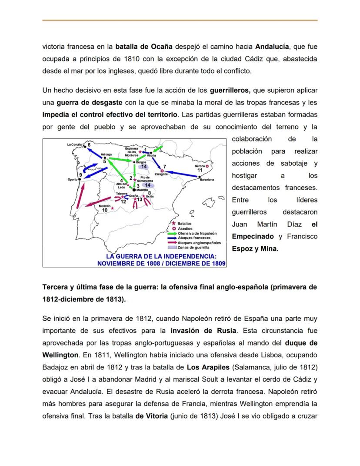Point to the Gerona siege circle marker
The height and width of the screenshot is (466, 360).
tap(207, 166)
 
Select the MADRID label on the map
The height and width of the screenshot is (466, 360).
tap(142, 190)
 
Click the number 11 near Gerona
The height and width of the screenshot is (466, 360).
tap(200, 170)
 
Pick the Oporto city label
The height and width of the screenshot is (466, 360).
tap(73, 179)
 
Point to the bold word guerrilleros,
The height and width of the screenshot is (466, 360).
tap(230, 91)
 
